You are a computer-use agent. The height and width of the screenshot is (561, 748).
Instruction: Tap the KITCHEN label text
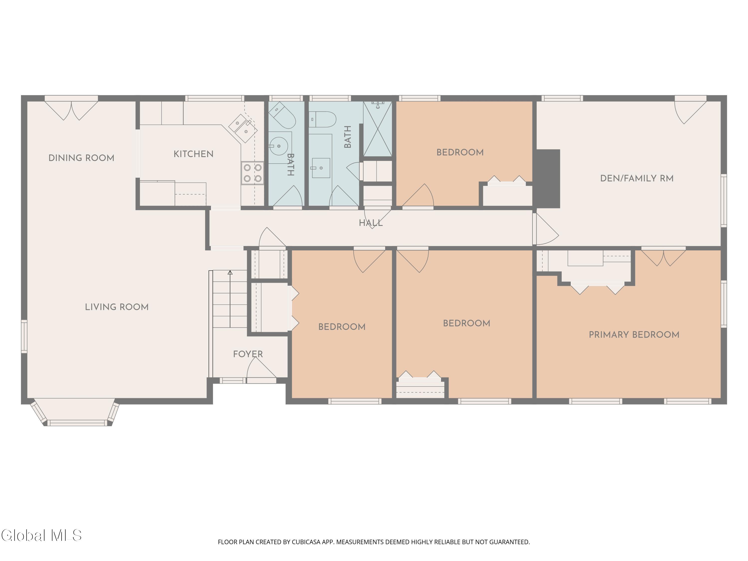point(193,154)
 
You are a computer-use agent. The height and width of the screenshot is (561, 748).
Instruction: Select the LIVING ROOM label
point(117,307)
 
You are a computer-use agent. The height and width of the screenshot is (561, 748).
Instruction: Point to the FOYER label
point(248,354)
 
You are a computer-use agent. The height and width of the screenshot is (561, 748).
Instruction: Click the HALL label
point(371,223)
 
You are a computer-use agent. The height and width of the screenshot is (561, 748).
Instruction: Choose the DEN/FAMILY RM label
point(637,179)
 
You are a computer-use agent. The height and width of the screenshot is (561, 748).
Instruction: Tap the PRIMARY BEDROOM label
point(634,335)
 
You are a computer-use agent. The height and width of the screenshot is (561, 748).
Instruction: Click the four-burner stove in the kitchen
point(252,173)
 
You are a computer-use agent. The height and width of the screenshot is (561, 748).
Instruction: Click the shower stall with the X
point(377,129)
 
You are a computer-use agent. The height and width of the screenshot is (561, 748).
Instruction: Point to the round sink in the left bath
point(279,146)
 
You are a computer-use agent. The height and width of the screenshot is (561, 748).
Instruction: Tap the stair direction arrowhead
point(230,273)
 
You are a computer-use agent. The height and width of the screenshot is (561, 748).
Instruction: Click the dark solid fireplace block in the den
point(548,179)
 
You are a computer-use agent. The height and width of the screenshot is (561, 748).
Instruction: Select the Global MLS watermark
point(41,535)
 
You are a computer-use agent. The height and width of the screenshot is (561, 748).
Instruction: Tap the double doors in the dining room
point(71,110)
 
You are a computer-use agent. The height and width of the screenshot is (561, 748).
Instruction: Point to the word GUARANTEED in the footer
point(510,542)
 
